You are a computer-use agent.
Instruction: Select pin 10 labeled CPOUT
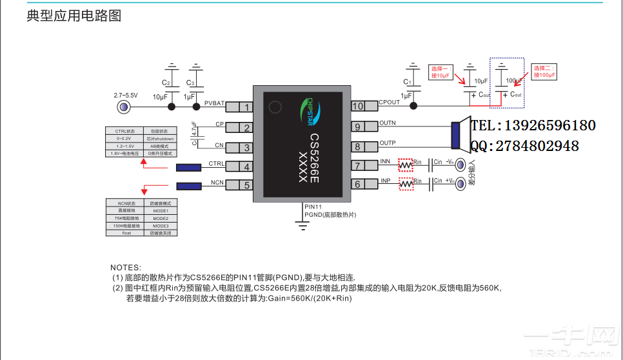(x=358, y=106)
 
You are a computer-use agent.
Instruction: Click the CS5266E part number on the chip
(x=314, y=159)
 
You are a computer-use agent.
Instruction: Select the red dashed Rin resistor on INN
(x=405, y=165)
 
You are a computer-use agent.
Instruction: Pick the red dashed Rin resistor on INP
(x=405, y=185)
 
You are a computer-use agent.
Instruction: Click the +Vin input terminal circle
(x=461, y=185)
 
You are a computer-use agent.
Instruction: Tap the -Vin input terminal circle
(x=461, y=165)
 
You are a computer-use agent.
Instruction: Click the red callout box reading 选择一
(x=442, y=72)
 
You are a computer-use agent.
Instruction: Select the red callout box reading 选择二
(x=544, y=72)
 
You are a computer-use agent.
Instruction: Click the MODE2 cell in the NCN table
(x=160, y=219)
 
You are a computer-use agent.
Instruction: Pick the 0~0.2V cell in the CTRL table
(x=124, y=138)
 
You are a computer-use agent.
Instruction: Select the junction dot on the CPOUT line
(x=413, y=106)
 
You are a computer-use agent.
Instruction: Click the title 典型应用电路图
(x=74, y=16)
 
